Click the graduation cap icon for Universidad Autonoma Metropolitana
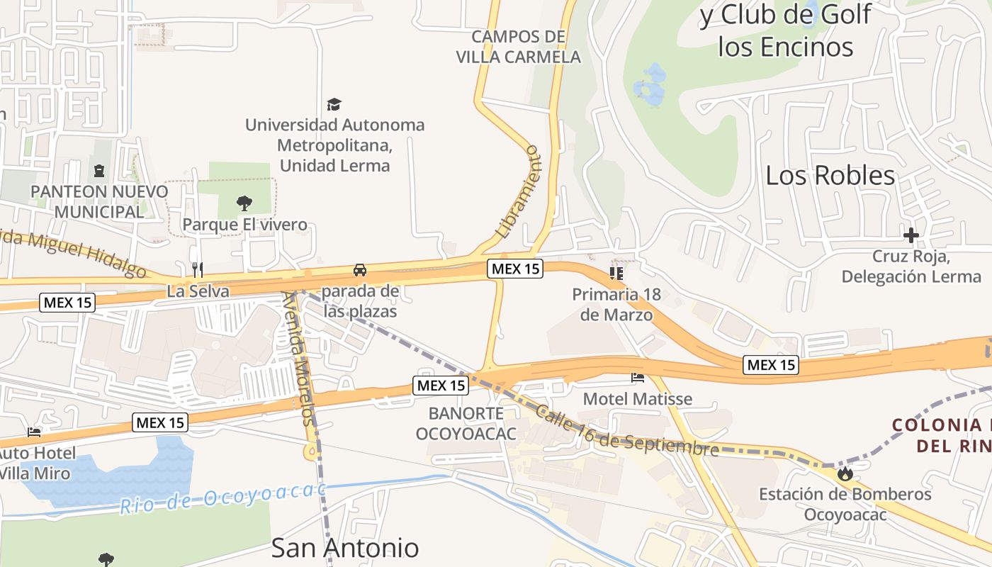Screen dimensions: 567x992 tap(334, 105)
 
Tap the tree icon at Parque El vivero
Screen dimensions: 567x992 tap(244, 203)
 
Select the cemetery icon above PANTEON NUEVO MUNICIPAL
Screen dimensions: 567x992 tap(98, 171)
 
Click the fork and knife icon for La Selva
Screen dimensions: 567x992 tap(198, 269)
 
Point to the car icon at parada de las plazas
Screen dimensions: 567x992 tap(360, 270)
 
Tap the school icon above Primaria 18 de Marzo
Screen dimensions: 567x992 tap(616, 273)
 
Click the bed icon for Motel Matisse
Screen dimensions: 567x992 tap(638, 378)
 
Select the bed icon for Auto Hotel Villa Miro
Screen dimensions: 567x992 tap(34, 432)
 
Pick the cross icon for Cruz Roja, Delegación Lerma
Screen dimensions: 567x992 tap(911, 235)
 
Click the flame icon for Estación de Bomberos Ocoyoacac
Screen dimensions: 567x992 tap(845, 473)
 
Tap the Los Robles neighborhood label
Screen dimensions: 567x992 tap(830, 175)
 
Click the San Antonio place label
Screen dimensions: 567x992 tap(345, 548)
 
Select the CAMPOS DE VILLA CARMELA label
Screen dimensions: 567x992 tap(518, 47)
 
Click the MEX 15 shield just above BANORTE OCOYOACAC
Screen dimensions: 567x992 tap(441, 386)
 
